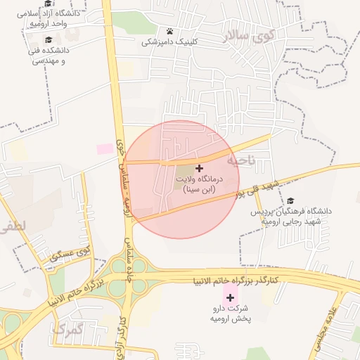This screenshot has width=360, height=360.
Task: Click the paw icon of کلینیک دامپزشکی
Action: pyautogui.click(x=170, y=31)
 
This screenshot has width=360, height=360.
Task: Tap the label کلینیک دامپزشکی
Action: pyautogui.click(x=170, y=42)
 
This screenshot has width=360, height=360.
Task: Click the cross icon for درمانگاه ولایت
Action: pyautogui.click(x=200, y=169)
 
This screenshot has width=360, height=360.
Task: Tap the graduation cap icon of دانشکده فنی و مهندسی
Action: pyautogui.click(x=49, y=40)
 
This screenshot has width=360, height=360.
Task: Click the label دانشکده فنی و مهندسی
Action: pyautogui.click(x=49, y=56)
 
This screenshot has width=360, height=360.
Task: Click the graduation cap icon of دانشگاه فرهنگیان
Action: pyautogui.click(x=290, y=201)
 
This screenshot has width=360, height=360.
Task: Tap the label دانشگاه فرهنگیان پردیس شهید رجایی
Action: pyautogui.click(x=290, y=216)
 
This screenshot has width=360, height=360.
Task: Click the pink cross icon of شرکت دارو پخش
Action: pyautogui.click(x=230, y=297)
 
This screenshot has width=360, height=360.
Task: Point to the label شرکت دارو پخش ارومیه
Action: pyautogui.click(x=230, y=314)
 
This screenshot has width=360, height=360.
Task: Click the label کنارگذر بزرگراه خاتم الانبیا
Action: pyautogui.click(x=236, y=281)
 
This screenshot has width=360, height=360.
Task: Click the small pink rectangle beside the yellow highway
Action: pyautogui.click(x=105, y=148)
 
